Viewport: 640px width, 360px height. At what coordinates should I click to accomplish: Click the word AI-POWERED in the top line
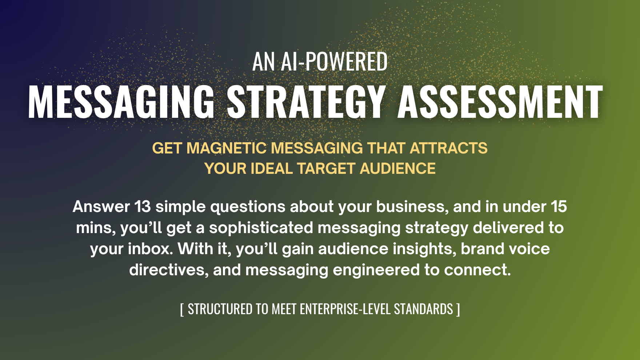click(334, 62)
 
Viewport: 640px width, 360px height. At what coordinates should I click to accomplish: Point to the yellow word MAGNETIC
click(227, 148)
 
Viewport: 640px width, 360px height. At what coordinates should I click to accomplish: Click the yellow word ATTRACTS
click(449, 148)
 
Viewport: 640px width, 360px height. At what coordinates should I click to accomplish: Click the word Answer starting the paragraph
click(101, 207)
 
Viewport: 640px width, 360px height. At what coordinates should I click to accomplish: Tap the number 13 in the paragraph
click(143, 207)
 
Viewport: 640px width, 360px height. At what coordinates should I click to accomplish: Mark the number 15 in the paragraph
click(559, 207)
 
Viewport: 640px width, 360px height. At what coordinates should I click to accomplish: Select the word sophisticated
click(261, 228)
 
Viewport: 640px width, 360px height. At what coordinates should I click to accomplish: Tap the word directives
click(169, 270)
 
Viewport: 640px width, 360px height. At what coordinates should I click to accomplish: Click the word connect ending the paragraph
click(477, 270)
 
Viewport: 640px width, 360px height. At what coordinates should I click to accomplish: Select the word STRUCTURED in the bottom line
click(220, 309)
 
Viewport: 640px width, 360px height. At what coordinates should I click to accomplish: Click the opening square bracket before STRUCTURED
click(182, 309)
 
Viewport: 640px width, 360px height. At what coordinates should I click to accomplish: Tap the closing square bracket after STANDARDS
click(458, 309)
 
